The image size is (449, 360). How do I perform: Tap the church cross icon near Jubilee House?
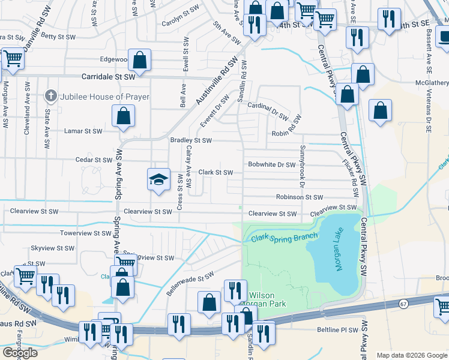52,96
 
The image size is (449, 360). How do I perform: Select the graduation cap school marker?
158,179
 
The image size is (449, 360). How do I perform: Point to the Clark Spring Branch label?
281,238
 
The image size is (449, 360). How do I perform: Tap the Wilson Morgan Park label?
267,299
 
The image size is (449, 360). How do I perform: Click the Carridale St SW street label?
109,77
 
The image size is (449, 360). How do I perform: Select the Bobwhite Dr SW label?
272,164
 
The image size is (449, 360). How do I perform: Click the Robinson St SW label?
300,197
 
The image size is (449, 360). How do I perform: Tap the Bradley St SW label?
191,140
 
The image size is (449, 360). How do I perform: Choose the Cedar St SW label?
94,160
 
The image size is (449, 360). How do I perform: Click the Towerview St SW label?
83,233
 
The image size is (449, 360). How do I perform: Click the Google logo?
20,353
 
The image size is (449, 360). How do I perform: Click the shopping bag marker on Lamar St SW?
123,116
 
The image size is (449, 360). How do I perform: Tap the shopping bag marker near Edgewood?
139,60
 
